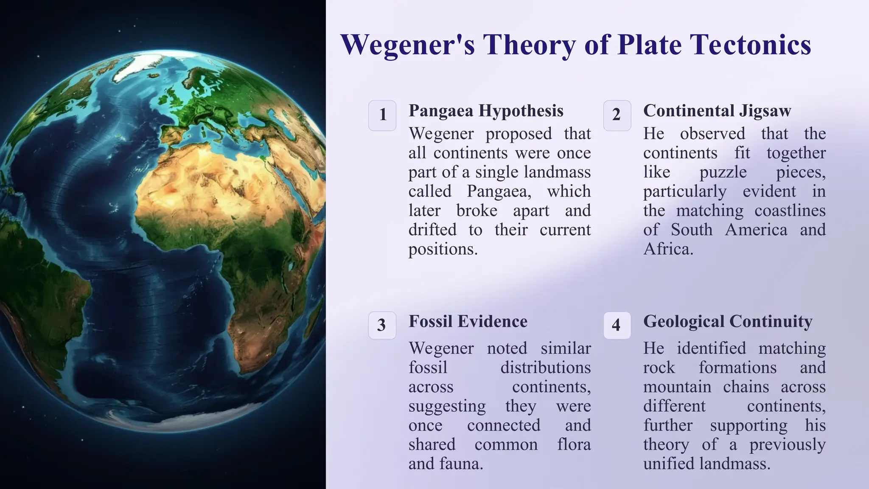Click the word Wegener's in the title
407,45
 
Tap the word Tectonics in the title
750,45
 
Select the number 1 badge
382,115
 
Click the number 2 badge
617,115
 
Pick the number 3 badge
382,326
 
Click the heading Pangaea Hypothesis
486,111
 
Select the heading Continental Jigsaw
717,111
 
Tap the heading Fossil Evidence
468,322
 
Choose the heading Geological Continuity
728,322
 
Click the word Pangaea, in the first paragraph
499,191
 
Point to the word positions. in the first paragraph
443,249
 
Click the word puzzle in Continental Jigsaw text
723,172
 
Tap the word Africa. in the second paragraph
668,249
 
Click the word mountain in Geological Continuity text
677,387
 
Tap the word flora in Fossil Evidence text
574,445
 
